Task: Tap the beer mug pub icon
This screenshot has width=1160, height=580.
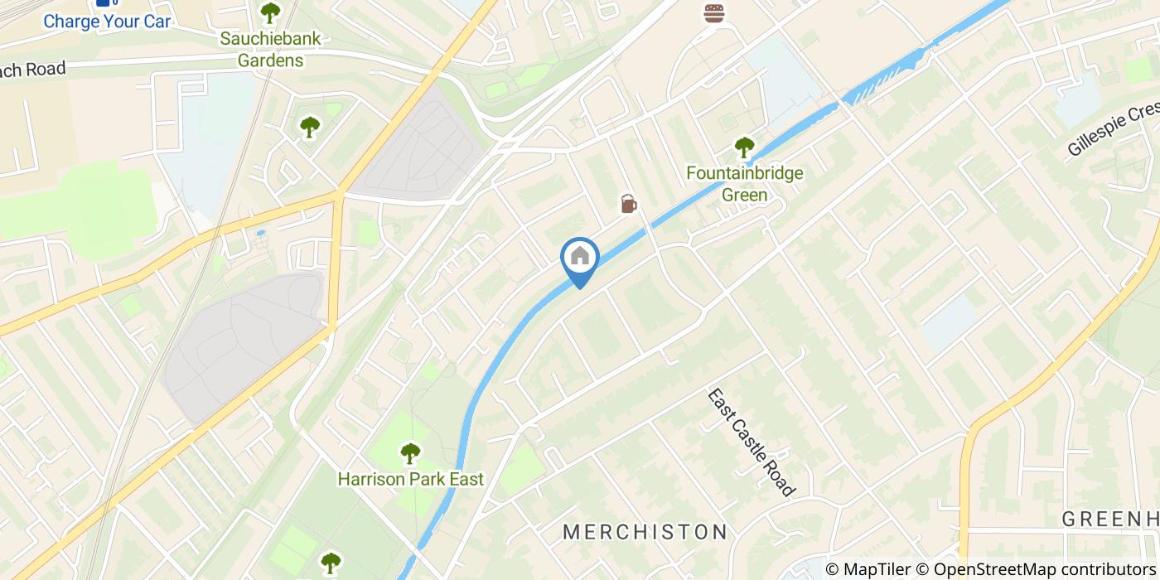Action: (x=628, y=203)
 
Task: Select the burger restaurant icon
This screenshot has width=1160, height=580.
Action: (x=713, y=13)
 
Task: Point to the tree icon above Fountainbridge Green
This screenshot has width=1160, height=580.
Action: (x=744, y=148)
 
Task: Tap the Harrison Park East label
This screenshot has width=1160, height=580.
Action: (x=410, y=479)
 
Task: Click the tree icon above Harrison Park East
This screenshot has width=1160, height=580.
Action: (x=410, y=453)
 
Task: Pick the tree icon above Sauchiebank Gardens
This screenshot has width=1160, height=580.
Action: (x=270, y=12)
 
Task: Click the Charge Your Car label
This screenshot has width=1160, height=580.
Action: (x=107, y=22)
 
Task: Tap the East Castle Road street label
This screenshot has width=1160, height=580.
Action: (x=751, y=442)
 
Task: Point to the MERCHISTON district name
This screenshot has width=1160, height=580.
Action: (x=645, y=532)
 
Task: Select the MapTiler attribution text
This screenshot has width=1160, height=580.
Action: (x=868, y=569)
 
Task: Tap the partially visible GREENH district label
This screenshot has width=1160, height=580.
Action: (x=1110, y=520)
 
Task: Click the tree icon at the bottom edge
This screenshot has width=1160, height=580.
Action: (x=331, y=563)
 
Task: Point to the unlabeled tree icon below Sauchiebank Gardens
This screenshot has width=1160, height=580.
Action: (x=310, y=127)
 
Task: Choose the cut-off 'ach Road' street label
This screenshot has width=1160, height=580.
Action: (x=33, y=70)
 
